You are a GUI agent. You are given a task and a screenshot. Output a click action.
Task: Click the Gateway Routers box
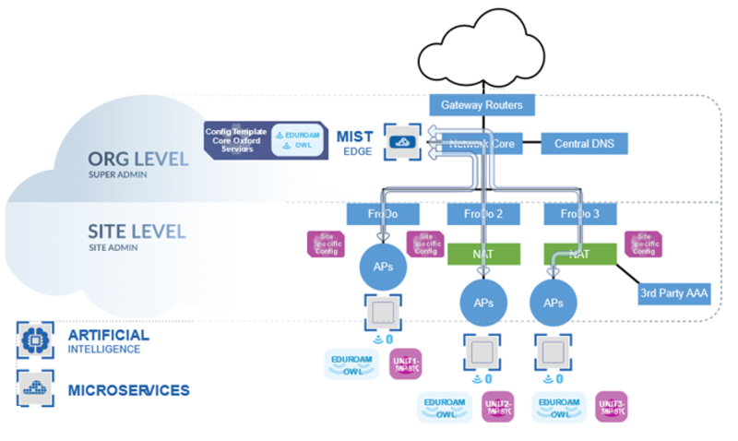click(x=482, y=105)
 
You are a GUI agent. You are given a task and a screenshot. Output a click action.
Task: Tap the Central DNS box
click(x=584, y=144)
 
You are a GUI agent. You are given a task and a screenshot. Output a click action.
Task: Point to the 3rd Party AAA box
click(x=673, y=294)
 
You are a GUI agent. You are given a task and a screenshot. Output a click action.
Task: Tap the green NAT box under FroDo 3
click(x=579, y=254)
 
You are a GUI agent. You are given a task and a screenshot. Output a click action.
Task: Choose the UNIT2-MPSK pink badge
click(x=499, y=407)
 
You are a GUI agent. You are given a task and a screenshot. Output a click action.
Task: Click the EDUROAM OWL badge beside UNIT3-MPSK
click(x=559, y=407)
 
